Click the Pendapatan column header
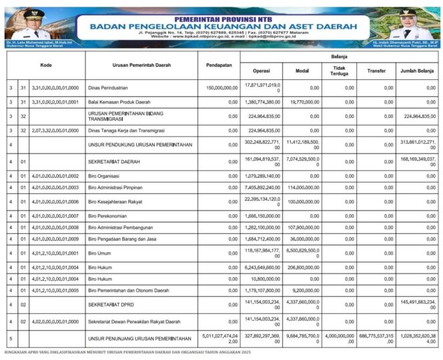pyautogui.click(x=219, y=65)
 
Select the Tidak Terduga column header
pyautogui.click(x=339, y=71)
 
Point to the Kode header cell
pyautogui.click(x=45, y=65)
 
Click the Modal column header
pyautogui.click(x=302, y=71)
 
